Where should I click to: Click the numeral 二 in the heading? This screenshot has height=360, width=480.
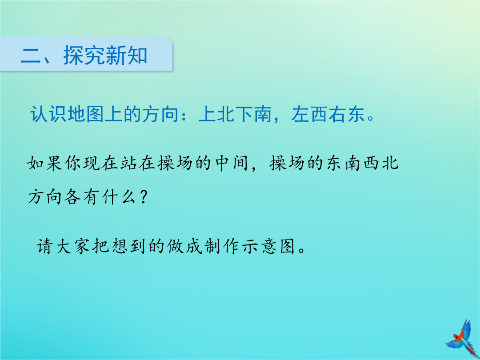[x=31, y=56]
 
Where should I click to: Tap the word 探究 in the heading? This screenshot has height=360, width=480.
[x=84, y=56]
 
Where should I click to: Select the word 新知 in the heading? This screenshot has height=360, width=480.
[x=126, y=56]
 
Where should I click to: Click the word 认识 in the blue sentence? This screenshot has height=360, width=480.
[x=49, y=115]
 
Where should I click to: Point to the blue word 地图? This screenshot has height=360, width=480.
[x=86, y=115]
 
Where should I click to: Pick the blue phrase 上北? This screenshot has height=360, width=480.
[x=217, y=115]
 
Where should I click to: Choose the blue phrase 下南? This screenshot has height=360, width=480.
[x=254, y=115]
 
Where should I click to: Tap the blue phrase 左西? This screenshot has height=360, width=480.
[x=310, y=115]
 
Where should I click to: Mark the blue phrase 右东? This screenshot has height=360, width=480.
[x=347, y=115]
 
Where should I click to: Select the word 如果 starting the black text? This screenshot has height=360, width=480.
[x=45, y=163]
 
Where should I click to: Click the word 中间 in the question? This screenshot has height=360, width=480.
[x=232, y=163]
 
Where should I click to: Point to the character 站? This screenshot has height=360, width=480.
[x=129, y=163]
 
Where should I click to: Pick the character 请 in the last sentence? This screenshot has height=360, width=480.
[x=45, y=246]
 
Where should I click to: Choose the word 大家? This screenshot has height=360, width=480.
[x=73, y=246]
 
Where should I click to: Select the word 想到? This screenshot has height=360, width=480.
[x=128, y=246]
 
